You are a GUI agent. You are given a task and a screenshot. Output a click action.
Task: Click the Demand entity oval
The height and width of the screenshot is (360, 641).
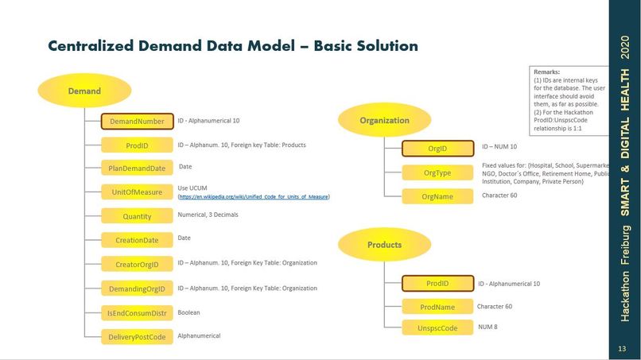pyautogui.click(x=84, y=91)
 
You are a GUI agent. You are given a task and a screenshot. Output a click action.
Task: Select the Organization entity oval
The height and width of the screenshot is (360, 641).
pyautogui.click(x=384, y=121)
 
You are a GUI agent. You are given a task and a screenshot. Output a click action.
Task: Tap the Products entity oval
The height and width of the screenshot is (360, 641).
pyautogui.click(x=384, y=245)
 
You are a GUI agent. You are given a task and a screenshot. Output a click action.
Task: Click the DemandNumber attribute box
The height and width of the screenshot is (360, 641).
pyautogui.click(x=137, y=122)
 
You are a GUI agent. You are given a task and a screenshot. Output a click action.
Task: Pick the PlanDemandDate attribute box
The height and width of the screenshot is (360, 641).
pyautogui.click(x=137, y=168)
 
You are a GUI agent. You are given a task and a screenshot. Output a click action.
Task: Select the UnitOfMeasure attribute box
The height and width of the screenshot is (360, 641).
pyautogui.click(x=137, y=192)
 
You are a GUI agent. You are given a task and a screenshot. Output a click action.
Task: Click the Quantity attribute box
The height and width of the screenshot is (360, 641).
pyautogui.click(x=137, y=216)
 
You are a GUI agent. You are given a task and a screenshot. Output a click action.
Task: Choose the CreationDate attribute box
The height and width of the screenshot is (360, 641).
pyautogui.click(x=137, y=240)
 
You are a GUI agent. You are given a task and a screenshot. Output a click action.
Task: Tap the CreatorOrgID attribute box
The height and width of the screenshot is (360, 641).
pyautogui.click(x=137, y=265)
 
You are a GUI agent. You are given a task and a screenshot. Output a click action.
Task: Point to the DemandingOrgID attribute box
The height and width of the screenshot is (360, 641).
pyautogui.click(x=137, y=288)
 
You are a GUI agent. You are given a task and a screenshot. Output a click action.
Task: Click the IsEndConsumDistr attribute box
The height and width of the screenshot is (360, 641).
pyautogui.click(x=137, y=313)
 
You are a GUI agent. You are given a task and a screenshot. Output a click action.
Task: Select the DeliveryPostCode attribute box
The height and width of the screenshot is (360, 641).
pyautogui.click(x=137, y=337)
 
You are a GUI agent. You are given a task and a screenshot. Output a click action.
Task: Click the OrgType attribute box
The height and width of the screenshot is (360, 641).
pyautogui.click(x=437, y=172)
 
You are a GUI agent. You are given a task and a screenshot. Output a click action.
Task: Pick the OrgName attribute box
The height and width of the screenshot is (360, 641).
pyautogui.click(x=437, y=196)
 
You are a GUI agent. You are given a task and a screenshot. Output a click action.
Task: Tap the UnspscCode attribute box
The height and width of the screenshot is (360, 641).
pyautogui.click(x=437, y=327)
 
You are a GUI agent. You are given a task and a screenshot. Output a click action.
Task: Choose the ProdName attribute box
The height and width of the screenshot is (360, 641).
pyautogui.click(x=437, y=307)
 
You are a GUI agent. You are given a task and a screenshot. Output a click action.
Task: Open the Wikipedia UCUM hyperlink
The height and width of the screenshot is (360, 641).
pyautogui.click(x=254, y=196)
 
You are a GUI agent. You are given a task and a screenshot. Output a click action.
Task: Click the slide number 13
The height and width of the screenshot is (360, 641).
pyautogui.click(x=622, y=349)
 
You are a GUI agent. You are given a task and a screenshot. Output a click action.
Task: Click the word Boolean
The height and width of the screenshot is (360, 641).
pyautogui.click(x=188, y=312)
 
